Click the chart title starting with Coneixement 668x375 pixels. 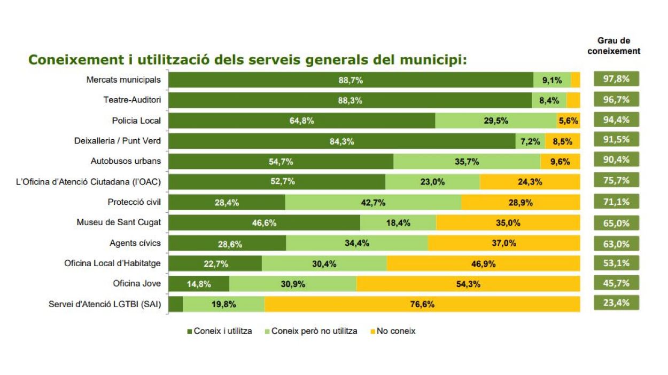coord(247,59)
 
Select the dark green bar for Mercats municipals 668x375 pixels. coord(351,80)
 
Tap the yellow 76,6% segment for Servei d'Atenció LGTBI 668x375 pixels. coord(422,305)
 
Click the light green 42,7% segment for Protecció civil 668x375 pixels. coord(373,203)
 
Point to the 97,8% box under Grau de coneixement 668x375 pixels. coord(616,79)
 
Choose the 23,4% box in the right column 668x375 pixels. coord(616,303)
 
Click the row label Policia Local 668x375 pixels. coord(136,121)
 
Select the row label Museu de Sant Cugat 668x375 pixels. coord(119,222)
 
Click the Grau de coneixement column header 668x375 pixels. coord(613,46)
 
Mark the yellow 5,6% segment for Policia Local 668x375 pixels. coord(568,121)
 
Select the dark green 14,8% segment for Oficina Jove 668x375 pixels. coord(199,284)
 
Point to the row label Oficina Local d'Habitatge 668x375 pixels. coord(112,263)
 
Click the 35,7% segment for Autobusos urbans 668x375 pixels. coord(467,162)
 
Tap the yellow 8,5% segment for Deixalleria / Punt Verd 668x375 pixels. coord(562,141)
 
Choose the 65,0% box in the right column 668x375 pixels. coord(616,223)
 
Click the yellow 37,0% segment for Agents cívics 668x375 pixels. coord(503,243)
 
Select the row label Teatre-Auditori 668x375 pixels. coord(132,100)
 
